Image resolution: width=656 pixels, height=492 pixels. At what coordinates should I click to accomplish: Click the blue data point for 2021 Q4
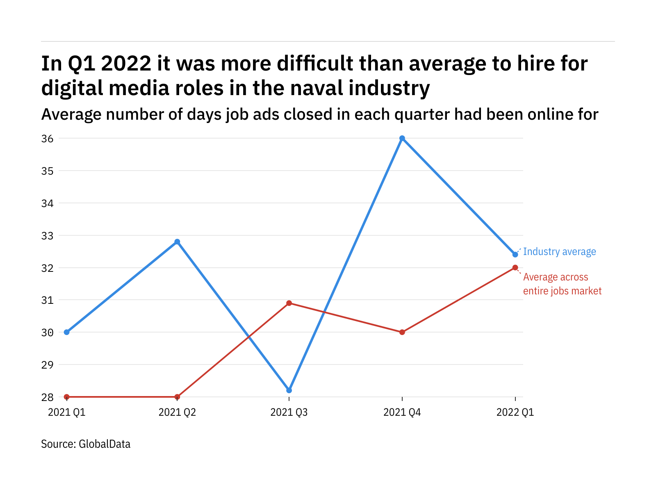point(402,138)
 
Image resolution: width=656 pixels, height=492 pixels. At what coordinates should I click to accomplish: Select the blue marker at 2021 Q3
point(289,390)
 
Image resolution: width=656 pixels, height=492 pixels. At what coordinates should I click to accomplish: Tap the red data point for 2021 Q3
point(289,303)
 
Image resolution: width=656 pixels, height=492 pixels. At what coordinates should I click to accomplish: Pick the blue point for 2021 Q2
point(177,241)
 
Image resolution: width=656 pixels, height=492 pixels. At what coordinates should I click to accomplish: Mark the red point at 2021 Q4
point(402,332)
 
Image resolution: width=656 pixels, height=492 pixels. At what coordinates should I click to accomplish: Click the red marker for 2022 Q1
point(515,268)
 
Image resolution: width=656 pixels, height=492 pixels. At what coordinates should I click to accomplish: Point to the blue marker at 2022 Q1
point(515,255)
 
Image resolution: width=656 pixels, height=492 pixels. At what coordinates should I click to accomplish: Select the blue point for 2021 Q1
point(67,332)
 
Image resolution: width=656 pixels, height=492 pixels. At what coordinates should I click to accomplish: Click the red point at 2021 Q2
point(177,397)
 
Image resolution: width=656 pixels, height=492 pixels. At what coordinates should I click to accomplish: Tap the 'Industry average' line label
point(559,252)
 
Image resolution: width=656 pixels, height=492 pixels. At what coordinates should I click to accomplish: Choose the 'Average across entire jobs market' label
point(562,284)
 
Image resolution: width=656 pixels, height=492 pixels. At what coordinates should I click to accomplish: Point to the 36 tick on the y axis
point(48,139)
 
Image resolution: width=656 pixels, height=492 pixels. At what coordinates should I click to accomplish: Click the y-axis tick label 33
point(48,236)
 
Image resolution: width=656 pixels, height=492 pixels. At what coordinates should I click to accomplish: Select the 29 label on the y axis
point(48,365)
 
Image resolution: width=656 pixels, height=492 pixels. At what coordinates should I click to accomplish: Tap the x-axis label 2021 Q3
point(289,412)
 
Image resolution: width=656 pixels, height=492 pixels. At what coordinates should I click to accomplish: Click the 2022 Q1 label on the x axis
point(515,412)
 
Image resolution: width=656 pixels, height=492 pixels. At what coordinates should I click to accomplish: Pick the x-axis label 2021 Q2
point(177,412)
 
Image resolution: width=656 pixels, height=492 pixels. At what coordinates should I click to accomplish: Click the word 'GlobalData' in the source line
point(105,444)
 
